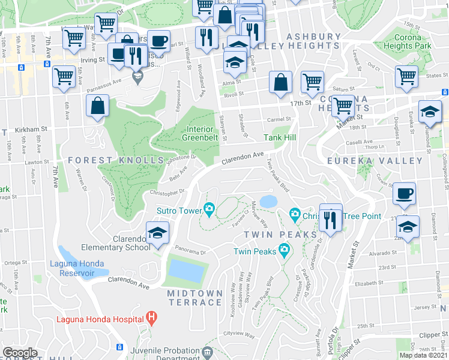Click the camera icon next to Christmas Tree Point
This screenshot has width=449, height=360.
(x=295, y=213)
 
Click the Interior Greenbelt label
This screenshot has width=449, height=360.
(x=200, y=133)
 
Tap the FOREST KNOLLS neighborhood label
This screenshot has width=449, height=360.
(x=116, y=160)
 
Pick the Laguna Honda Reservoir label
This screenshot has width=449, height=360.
(x=81, y=268)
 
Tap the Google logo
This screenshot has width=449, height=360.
(x=20, y=353)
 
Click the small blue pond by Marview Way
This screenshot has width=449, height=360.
(x=268, y=200)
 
